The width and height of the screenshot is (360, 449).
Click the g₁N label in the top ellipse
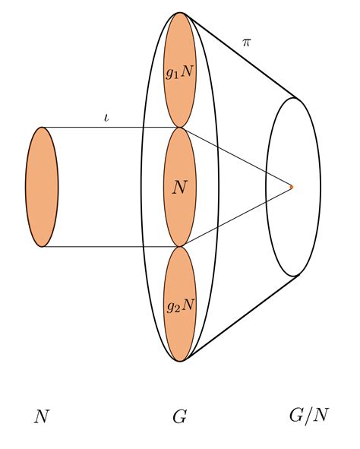point(180,72)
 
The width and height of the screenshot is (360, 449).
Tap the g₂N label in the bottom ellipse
point(181,306)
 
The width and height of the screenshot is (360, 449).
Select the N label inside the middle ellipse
point(180,188)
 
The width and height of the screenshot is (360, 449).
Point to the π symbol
point(246,43)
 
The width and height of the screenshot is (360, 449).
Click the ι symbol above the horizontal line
point(107,118)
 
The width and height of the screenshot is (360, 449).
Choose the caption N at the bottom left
point(42,416)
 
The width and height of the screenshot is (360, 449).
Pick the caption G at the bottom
point(180,416)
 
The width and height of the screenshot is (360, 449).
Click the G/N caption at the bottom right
point(309,416)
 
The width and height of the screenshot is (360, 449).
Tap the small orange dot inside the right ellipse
point(292,187)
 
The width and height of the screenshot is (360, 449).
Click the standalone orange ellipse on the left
point(42,187)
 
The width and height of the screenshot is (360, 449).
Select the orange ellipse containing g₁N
point(180,70)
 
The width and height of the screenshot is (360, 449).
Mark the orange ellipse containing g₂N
point(180,304)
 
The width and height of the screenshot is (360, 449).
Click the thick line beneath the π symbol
point(241,56)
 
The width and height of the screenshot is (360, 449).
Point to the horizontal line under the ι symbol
point(109,127)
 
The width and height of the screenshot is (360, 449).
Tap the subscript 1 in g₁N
point(176,76)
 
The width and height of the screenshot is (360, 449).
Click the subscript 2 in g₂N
point(177,309)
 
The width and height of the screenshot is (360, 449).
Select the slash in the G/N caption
point(308,416)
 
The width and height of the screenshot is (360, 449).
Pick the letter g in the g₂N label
point(170,307)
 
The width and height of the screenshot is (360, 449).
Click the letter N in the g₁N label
point(187,71)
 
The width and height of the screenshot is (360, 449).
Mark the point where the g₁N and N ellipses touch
point(180,128)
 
